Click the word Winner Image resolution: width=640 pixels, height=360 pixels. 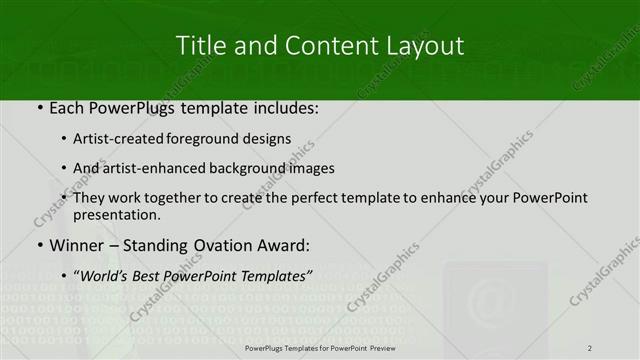click(74, 244)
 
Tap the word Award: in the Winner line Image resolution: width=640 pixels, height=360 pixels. click(284, 244)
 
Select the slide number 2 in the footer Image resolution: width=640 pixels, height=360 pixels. click(590, 348)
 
